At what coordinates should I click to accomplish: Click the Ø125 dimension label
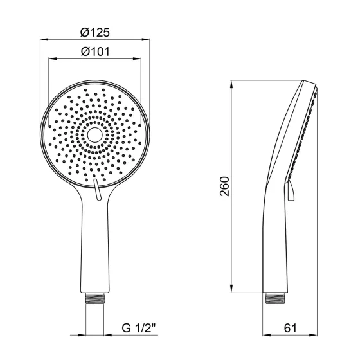click(x=95, y=32)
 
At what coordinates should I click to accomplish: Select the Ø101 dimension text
click(x=95, y=51)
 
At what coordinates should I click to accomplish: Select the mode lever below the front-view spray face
click(x=96, y=190)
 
